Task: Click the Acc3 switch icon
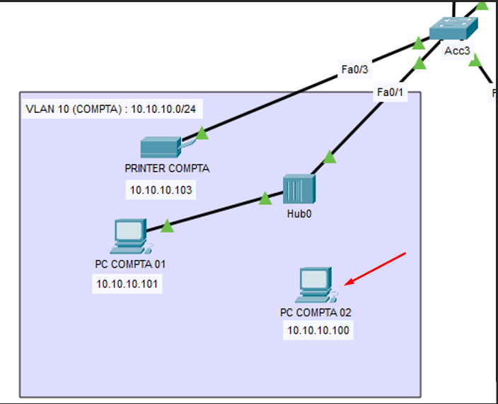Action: click(453, 28)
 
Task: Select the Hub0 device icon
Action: click(299, 189)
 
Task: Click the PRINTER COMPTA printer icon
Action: click(161, 147)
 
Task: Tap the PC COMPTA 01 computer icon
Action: click(131, 236)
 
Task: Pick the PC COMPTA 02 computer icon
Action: click(316, 285)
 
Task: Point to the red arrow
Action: click(375, 269)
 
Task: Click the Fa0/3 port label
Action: click(354, 69)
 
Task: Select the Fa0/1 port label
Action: click(390, 93)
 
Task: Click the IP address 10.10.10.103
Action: click(161, 190)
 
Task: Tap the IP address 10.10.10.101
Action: click(127, 284)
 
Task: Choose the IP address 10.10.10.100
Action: click(318, 331)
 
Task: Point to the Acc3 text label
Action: click(457, 51)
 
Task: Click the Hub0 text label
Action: click(299, 214)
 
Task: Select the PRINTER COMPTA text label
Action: click(167, 168)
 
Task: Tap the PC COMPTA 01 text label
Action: click(130, 264)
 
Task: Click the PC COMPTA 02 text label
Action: click(315, 313)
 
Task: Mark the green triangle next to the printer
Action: click(202, 133)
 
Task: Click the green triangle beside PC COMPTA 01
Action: click(167, 227)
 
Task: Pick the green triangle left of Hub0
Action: click(265, 198)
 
